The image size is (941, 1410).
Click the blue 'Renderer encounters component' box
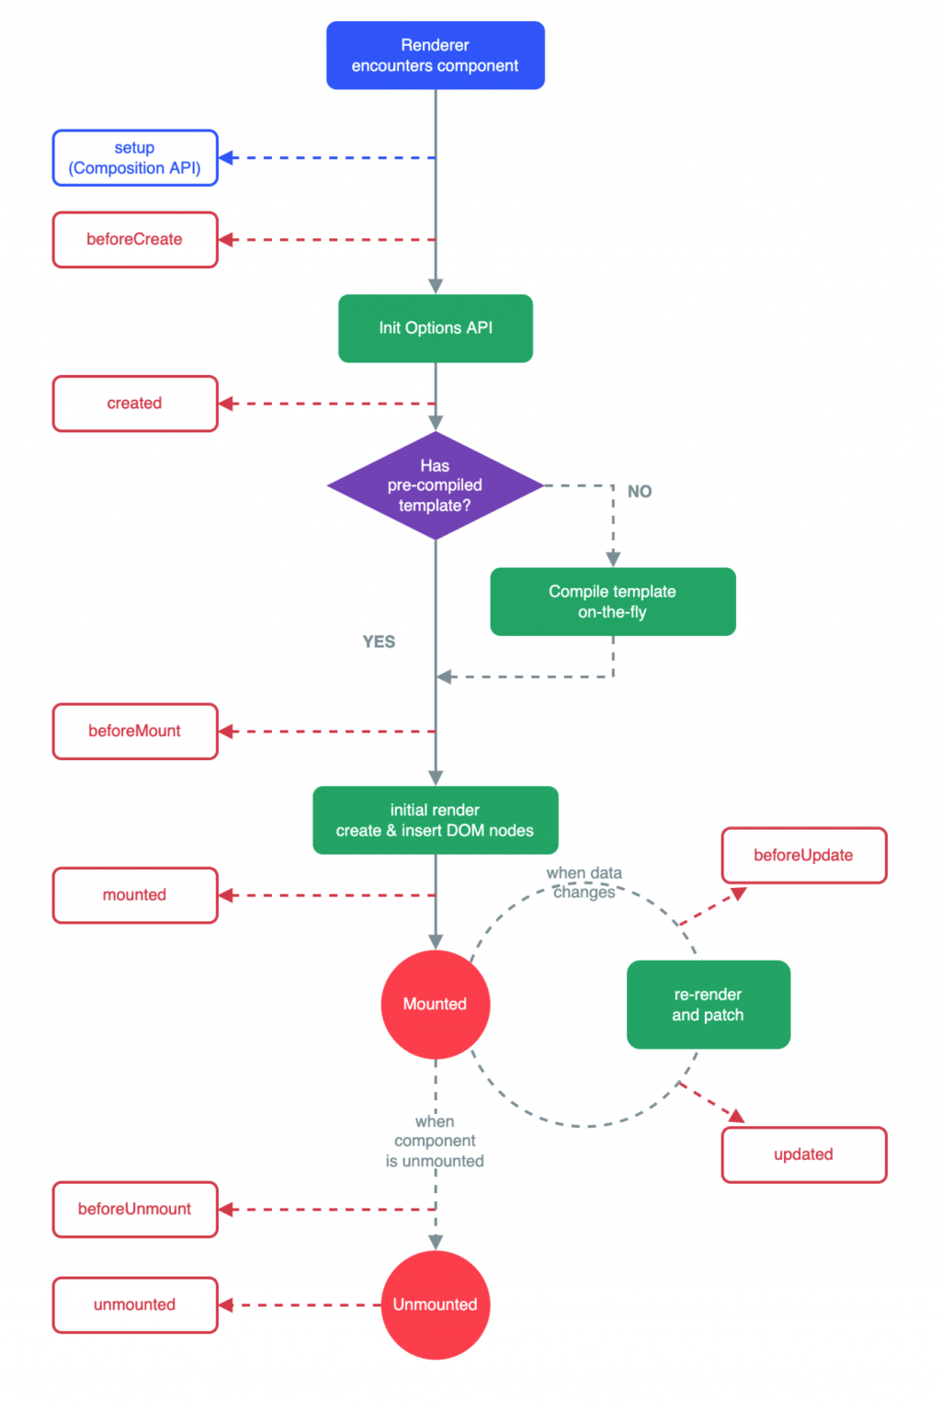pyautogui.click(x=435, y=55)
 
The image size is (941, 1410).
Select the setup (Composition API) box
pyautogui.click(x=135, y=158)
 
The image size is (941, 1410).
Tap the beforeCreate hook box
pyautogui.click(x=135, y=240)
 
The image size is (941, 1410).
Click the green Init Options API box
pyautogui.click(x=435, y=328)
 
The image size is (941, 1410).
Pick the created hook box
pyautogui.click(x=135, y=404)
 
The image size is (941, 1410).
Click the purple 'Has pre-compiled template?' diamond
pyautogui.click(x=435, y=485)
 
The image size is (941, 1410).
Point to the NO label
pyautogui.click(x=640, y=492)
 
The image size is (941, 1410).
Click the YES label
pyautogui.click(x=379, y=642)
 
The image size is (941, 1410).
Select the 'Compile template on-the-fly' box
pyautogui.click(x=613, y=602)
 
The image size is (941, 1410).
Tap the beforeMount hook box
pyautogui.click(x=135, y=732)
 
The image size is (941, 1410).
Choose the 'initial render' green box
pyautogui.click(x=435, y=820)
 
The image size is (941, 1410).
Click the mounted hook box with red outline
pyautogui.click(x=135, y=895)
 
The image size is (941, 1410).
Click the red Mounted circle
pyautogui.click(x=435, y=1005)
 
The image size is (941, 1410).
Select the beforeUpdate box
pyautogui.click(x=804, y=856)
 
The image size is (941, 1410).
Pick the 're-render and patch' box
pyautogui.click(x=708, y=1005)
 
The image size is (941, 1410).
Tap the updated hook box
pyautogui.click(x=804, y=1154)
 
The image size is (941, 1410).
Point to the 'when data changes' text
pyautogui.click(x=584, y=882)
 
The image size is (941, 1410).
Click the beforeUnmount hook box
pyautogui.click(x=135, y=1210)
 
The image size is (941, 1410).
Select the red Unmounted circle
pyautogui.click(x=435, y=1304)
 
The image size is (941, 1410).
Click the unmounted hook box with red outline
pyautogui.click(x=135, y=1304)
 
